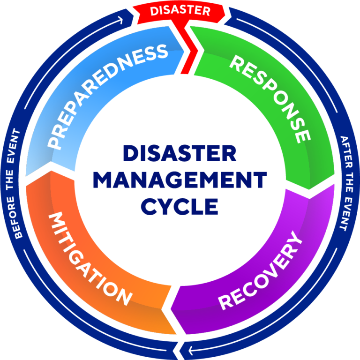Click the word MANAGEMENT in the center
pos(180,180)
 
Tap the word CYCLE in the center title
pos(180,206)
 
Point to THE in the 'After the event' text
pos(347,180)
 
